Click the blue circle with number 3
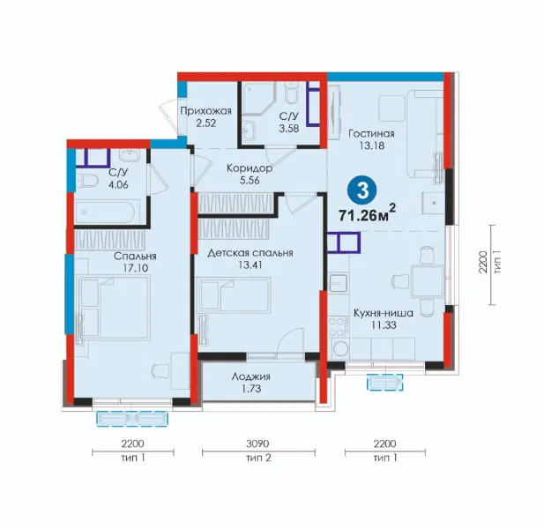point(362,190)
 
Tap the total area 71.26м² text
point(367,214)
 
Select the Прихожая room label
point(205,111)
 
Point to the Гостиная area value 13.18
point(371,145)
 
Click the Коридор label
point(250,168)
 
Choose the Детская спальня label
point(250,253)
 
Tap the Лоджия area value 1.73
point(250,389)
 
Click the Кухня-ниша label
point(384,313)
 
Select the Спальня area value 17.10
point(135,268)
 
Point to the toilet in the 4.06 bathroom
point(86,181)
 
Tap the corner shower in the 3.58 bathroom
point(258,99)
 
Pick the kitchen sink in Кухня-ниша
point(338,283)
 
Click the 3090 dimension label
point(257,443)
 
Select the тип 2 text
point(258,458)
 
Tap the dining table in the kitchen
point(427,281)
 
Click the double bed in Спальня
point(114,308)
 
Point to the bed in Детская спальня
point(233,294)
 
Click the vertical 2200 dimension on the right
point(483,263)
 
